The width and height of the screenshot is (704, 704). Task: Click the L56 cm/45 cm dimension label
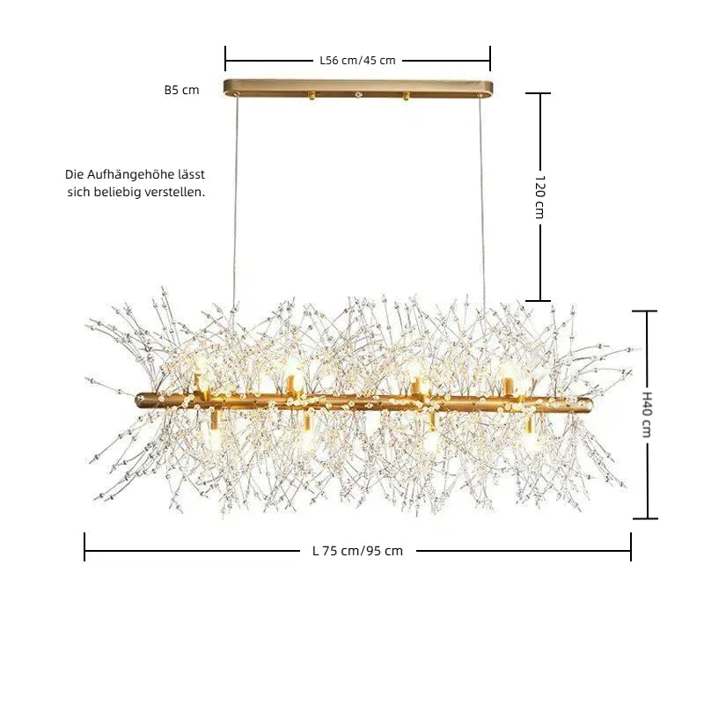click(x=357, y=60)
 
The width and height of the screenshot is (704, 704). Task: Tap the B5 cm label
click(x=181, y=90)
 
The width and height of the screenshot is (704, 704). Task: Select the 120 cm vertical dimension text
click(x=540, y=196)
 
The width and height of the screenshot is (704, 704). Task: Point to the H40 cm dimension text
click(x=647, y=414)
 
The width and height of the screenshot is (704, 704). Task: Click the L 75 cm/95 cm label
click(x=357, y=551)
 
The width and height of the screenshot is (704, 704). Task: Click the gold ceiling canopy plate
click(x=358, y=89)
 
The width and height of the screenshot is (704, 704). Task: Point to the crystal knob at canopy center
click(x=358, y=95)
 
